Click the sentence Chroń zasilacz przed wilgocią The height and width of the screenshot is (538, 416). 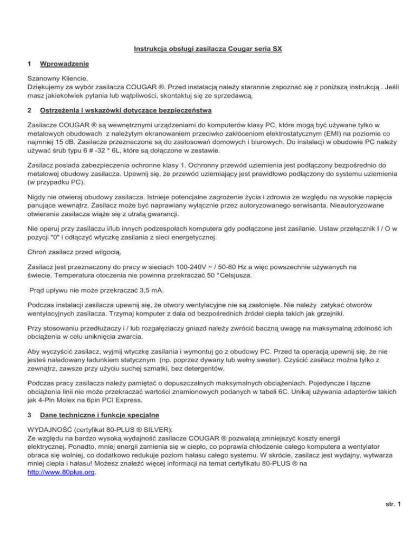point(74,251)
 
